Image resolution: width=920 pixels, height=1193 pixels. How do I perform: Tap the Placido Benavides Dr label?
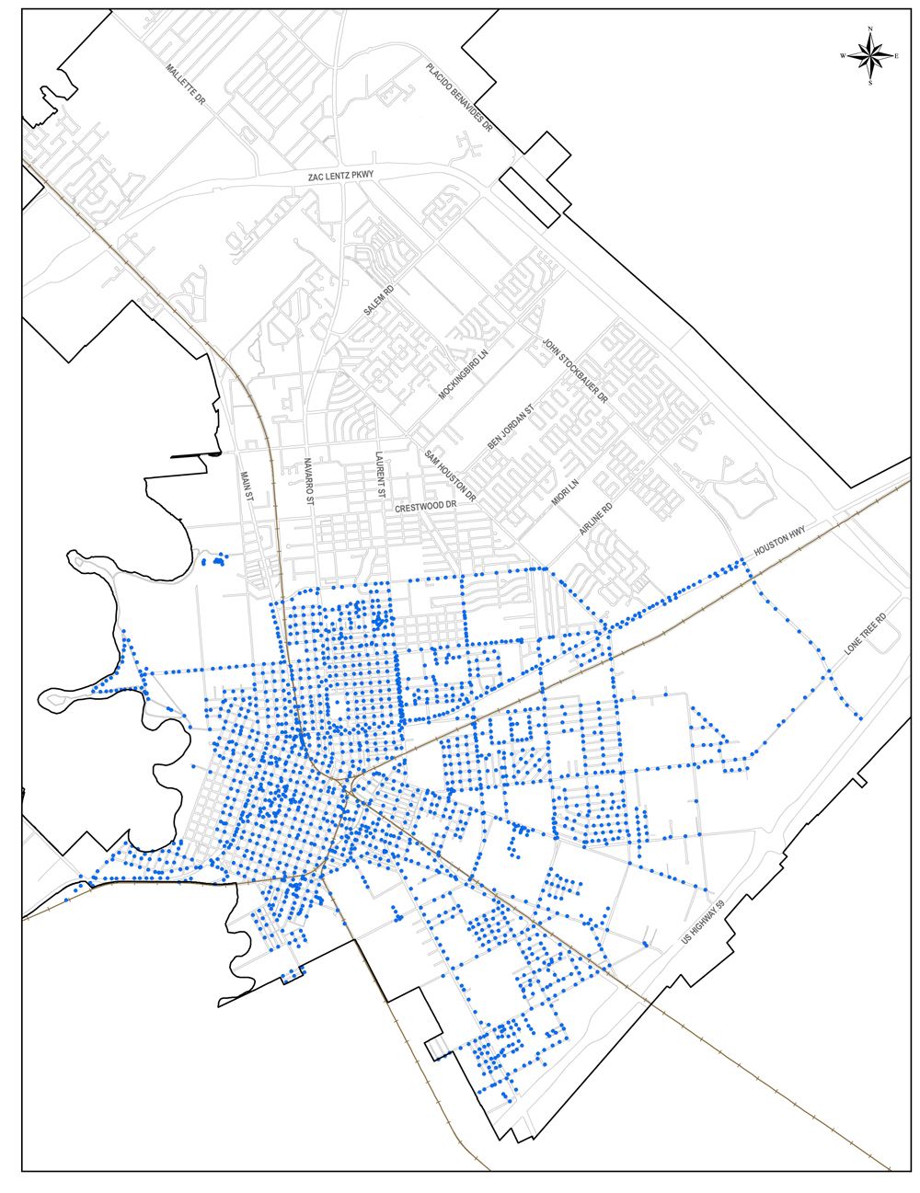pyautogui.click(x=459, y=100)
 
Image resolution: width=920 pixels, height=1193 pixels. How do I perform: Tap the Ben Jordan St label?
pyautogui.click(x=511, y=428)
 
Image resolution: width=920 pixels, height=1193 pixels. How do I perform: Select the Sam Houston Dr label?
pyautogui.click(x=450, y=476)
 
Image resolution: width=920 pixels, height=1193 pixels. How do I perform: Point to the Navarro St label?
pyautogui.click(x=309, y=480)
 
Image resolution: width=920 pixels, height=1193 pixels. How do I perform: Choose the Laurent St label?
pyautogui.click(x=378, y=475)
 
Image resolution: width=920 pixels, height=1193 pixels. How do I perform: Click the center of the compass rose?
pyautogui.click(x=869, y=56)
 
